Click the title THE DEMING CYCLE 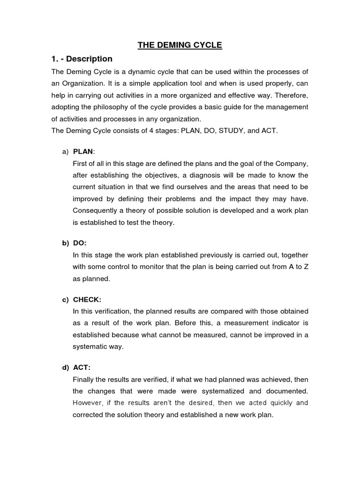pyautogui.click(x=180, y=45)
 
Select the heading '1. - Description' pyautogui.click(x=82, y=59)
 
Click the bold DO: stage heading pyautogui.click(x=80, y=243)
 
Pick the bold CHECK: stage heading pyautogui.click(x=87, y=300)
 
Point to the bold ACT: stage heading pyautogui.click(x=82, y=368)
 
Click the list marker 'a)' pyautogui.click(x=65, y=151)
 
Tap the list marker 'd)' pyautogui.click(x=65, y=368)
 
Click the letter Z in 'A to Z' pyautogui.click(x=306, y=267)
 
